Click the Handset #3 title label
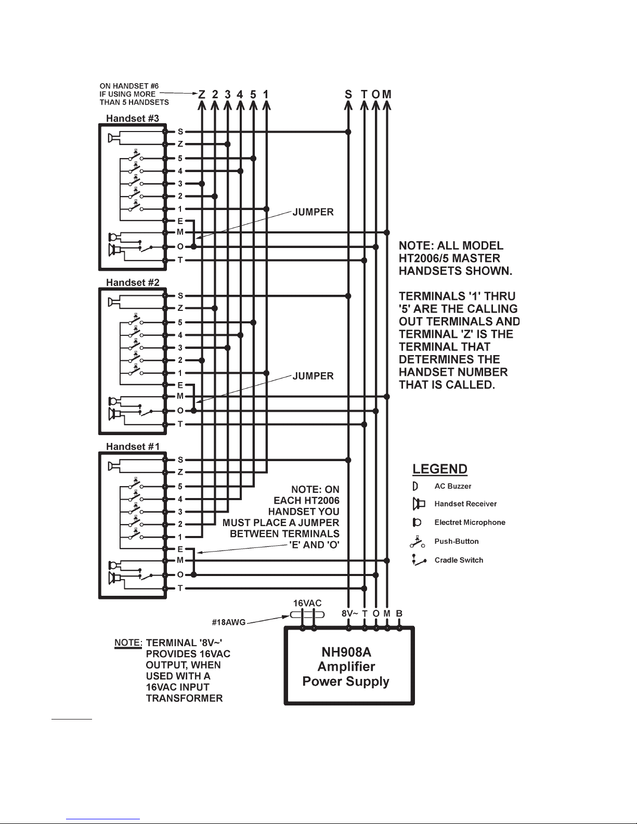pos(132,119)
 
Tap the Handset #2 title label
pos(132,283)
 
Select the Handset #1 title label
pos(132,447)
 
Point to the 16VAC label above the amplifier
pos(307,603)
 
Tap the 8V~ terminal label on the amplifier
pos(347,613)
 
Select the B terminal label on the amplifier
pos(399,613)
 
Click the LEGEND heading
pos(439,469)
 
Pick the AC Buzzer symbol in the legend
pos(415,486)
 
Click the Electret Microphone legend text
pos(470,522)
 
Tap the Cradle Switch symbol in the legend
pos(419,560)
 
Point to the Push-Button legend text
pos(456,541)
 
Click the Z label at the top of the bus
pos(202,95)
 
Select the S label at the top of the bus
pos(348,95)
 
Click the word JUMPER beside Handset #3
pos(313,212)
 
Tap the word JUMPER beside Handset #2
pos(313,376)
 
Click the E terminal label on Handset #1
pos(180,550)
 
